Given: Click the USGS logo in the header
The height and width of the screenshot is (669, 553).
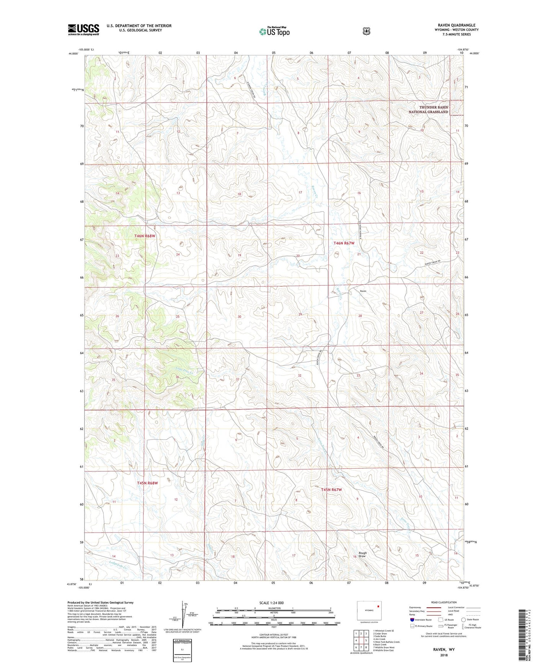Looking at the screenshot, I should coord(83,30).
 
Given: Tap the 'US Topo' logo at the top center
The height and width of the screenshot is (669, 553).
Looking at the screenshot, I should coord(274,31).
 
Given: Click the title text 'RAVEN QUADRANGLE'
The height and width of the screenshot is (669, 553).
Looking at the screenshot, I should coord(457,25).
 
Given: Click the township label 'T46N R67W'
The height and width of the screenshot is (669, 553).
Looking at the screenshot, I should coord(344,243).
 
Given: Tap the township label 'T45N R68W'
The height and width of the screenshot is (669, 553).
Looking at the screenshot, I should coord(147,483).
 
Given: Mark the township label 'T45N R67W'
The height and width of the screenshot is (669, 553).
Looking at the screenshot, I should coord(331,490).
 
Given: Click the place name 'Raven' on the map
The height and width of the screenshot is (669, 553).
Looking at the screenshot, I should coord(363,291).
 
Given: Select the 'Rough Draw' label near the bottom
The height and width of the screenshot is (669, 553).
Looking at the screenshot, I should coord(362,554).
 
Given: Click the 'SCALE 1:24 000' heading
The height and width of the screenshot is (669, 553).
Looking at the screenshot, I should coord(271,603).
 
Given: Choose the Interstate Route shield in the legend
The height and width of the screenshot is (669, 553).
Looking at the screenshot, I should coord(412,620).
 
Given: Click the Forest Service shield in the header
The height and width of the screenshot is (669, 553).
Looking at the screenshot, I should coord(366,31).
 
